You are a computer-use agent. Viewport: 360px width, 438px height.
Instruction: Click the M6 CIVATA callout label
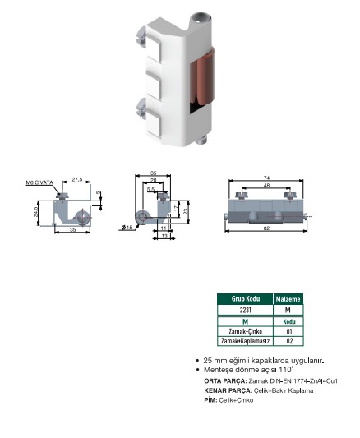(x=39, y=182)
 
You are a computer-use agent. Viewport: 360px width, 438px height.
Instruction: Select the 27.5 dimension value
(x=77, y=179)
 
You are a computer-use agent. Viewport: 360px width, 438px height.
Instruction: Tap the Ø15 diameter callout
(x=127, y=228)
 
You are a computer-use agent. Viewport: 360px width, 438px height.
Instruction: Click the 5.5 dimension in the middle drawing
(x=150, y=189)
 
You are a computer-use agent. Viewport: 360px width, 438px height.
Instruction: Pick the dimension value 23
(x=187, y=210)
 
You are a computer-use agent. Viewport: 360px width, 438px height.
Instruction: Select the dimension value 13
(x=164, y=236)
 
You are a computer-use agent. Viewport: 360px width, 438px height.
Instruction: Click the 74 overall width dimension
(x=266, y=178)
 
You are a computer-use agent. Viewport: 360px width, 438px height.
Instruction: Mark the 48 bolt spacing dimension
(x=266, y=185)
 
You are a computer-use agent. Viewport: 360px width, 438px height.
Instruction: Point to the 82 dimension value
(x=266, y=228)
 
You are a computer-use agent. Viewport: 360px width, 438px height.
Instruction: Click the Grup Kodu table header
(x=246, y=299)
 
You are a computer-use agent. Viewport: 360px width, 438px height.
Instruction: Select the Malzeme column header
(x=288, y=299)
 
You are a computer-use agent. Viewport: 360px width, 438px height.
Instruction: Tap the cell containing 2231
(x=246, y=310)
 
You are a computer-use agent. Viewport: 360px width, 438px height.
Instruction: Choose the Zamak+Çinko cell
(x=246, y=331)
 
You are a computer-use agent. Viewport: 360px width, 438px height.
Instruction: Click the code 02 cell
(x=289, y=341)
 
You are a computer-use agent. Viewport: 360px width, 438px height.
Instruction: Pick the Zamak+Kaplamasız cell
(x=246, y=341)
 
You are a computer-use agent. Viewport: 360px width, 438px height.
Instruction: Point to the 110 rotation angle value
(x=285, y=370)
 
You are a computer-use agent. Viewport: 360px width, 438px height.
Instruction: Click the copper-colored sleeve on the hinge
(x=201, y=76)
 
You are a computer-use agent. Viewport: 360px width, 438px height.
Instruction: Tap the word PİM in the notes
(x=210, y=400)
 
